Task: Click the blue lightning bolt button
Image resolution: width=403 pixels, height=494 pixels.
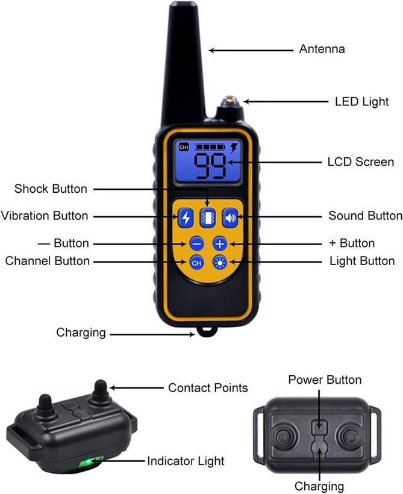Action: point(186,217)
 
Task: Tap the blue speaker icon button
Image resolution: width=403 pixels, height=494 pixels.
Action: point(230,217)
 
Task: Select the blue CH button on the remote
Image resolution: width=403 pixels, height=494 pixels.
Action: point(196,263)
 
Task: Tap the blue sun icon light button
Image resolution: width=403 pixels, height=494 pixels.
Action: point(220,263)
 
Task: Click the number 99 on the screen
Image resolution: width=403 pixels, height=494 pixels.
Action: point(210,166)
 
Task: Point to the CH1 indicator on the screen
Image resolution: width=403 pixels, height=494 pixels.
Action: point(184,147)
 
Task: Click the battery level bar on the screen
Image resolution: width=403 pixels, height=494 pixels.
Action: point(210,147)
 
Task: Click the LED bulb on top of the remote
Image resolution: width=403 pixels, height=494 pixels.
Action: point(229,102)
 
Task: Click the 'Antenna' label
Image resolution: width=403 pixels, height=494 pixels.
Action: point(322,49)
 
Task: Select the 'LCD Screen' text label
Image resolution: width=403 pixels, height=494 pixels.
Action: point(361,162)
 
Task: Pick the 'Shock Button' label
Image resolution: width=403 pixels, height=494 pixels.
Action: point(51,189)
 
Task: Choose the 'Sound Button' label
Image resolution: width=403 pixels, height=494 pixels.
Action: point(366,216)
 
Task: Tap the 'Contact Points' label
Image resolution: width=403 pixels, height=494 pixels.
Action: point(208,388)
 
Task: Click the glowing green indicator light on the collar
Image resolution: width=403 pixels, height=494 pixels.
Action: point(91,461)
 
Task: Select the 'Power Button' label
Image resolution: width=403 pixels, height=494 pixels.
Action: point(325,380)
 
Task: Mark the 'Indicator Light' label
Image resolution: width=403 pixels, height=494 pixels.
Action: point(186,461)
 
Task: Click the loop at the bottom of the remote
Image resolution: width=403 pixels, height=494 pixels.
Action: point(207,331)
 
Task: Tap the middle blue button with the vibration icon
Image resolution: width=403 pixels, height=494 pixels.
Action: point(208,217)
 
